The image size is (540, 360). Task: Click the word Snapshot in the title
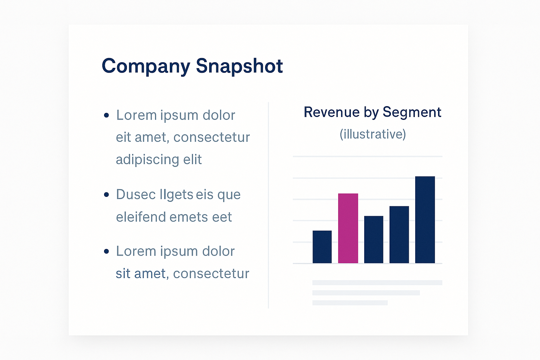239,66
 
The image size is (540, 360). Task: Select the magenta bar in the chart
348,228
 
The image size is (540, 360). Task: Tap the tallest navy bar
425,220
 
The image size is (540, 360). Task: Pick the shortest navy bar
322,247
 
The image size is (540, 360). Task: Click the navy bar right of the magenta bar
374,239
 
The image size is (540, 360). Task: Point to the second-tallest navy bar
399,234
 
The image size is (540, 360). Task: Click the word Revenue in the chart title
332,112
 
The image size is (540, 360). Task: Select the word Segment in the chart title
412,112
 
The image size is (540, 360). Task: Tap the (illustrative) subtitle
373,134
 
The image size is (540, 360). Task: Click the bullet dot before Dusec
107,194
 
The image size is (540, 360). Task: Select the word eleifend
141,217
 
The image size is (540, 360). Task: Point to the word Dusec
136,194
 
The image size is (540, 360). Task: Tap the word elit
192,160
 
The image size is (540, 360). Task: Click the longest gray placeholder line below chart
377,283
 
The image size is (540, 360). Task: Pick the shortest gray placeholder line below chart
350,303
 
